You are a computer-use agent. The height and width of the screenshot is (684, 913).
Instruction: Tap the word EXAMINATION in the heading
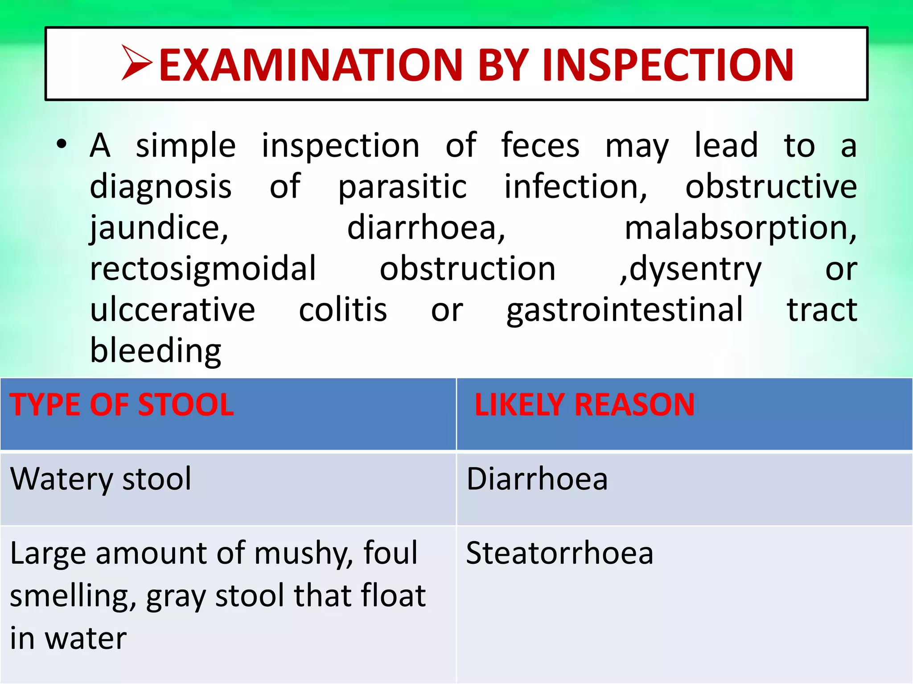(311, 65)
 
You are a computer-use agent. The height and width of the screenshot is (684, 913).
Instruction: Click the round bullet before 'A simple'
(62, 144)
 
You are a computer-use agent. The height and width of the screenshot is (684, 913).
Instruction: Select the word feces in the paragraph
(540, 146)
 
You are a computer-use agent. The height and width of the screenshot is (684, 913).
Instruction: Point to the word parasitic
(402, 187)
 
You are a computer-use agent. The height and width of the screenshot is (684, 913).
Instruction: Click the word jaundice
(159, 228)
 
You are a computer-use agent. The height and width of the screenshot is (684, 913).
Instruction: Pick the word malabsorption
(740, 228)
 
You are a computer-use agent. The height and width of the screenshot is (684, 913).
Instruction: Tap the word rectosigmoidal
(203, 269)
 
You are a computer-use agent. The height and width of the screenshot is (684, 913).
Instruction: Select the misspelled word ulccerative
(173, 310)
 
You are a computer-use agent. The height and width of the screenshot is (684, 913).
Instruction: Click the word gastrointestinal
(625, 310)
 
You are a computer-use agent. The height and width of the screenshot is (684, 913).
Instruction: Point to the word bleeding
(156, 351)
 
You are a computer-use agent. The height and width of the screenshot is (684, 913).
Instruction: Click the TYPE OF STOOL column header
(122, 405)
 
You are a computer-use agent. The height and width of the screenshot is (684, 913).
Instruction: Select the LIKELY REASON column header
(584, 405)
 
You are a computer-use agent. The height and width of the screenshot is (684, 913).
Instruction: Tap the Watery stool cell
(101, 479)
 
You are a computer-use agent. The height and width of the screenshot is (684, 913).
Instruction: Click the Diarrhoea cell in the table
(537, 479)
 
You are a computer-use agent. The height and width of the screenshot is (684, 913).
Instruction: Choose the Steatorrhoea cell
(559, 553)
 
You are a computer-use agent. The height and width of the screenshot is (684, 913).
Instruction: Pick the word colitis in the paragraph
(342, 310)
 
